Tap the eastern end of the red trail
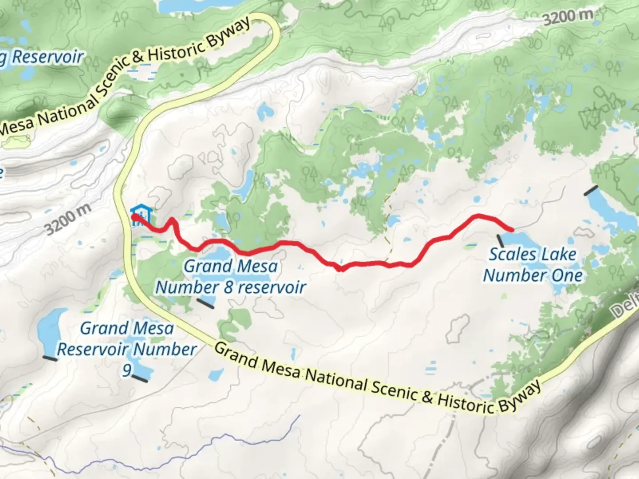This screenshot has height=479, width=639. (513, 230)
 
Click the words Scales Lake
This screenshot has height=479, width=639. (532, 254)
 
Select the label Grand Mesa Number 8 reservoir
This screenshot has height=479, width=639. (231, 276)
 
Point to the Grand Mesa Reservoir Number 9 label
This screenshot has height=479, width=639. (127, 349)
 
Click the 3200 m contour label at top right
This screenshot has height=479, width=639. (568, 17)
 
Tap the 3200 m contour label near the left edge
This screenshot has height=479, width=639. (68, 220)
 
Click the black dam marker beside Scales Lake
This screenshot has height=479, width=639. (501, 241)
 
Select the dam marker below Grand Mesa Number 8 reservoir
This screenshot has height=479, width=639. (205, 303)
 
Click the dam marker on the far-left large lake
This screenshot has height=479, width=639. (50, 358)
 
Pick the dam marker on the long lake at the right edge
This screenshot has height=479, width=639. (591, 191)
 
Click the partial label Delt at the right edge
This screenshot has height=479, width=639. (626, 306)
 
